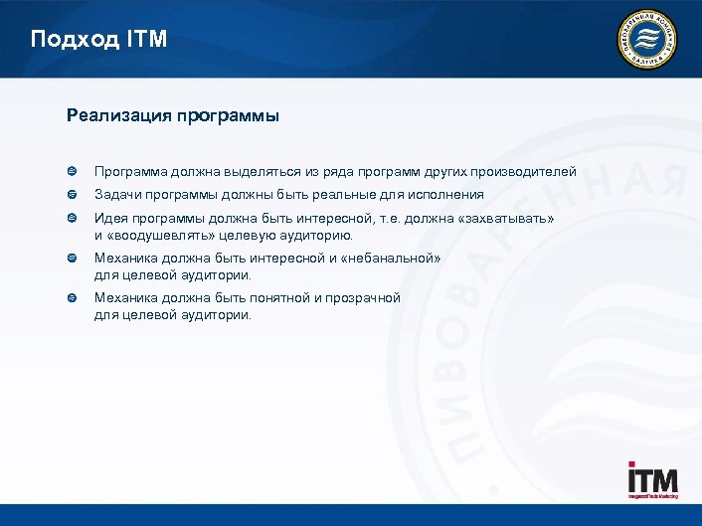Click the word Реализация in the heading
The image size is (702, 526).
pos(118,115)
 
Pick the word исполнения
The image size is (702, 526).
pos(443,195)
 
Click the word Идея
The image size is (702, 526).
pos(110,219)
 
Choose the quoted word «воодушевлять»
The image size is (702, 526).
pos(156,236)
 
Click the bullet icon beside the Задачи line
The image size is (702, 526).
pos(73,195)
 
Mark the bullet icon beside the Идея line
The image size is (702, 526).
pos(73,219)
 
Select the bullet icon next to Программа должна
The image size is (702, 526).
pos(73,171)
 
